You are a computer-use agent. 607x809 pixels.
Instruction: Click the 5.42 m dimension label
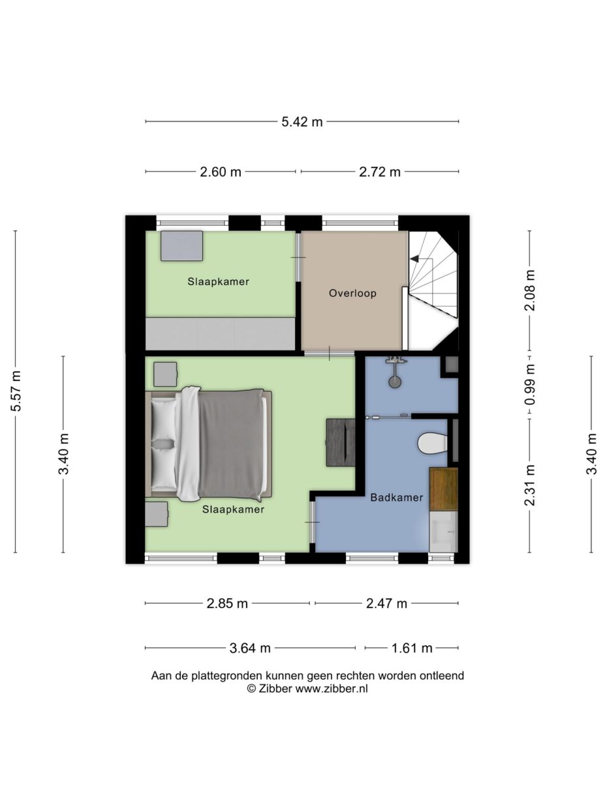point(302,121)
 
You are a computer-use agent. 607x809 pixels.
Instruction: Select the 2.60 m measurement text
point(220,172)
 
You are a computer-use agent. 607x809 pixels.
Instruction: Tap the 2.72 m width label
point(380,172)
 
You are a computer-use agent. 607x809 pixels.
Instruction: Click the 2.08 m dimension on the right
point(530,290)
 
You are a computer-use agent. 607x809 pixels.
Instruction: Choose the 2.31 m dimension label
point(530,485)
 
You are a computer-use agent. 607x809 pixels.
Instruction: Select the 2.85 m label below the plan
point(227,603)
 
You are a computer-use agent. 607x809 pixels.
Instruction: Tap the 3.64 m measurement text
point(250,649)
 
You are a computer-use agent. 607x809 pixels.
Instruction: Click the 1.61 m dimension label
point(412,649)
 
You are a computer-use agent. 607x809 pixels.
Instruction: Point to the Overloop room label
point(352,294)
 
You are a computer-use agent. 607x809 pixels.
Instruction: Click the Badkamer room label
point(396,497)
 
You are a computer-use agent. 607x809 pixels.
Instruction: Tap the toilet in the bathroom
point(431,444)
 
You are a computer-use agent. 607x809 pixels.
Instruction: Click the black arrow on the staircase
point(414,259)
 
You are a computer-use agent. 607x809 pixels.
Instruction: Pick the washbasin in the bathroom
point(443,531)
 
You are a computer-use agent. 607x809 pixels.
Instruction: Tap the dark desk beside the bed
point(340,442)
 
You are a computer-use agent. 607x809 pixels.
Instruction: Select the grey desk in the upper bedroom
point(181,246)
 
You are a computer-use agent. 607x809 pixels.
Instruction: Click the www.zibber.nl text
point(332,688)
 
